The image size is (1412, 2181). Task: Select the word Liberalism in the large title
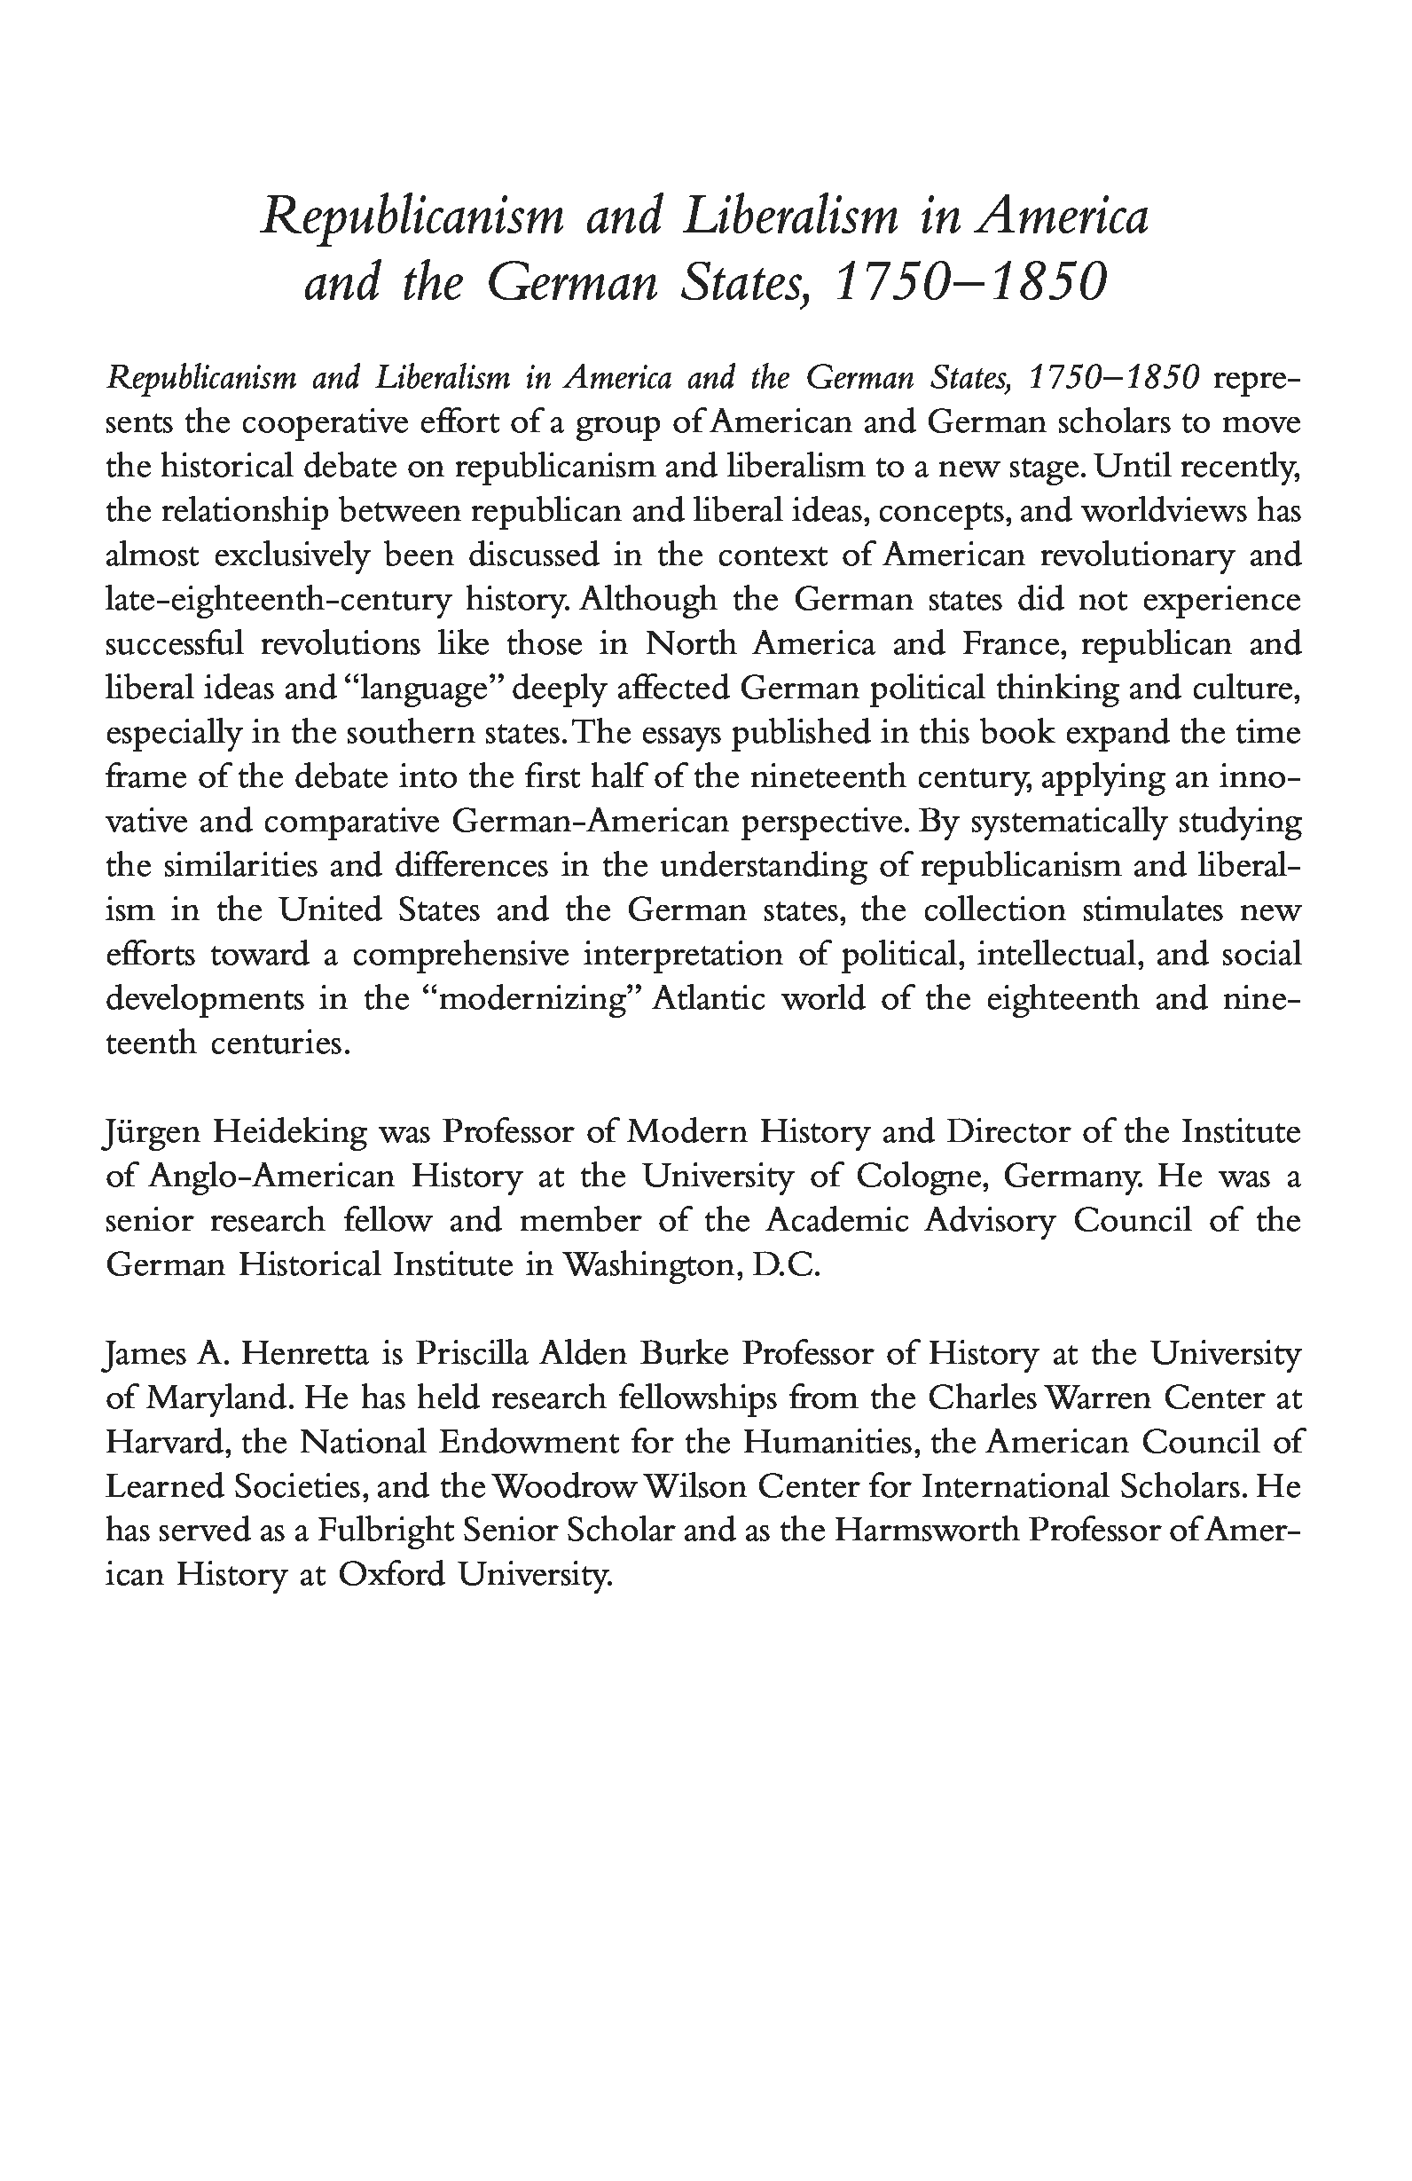(791, 217)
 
